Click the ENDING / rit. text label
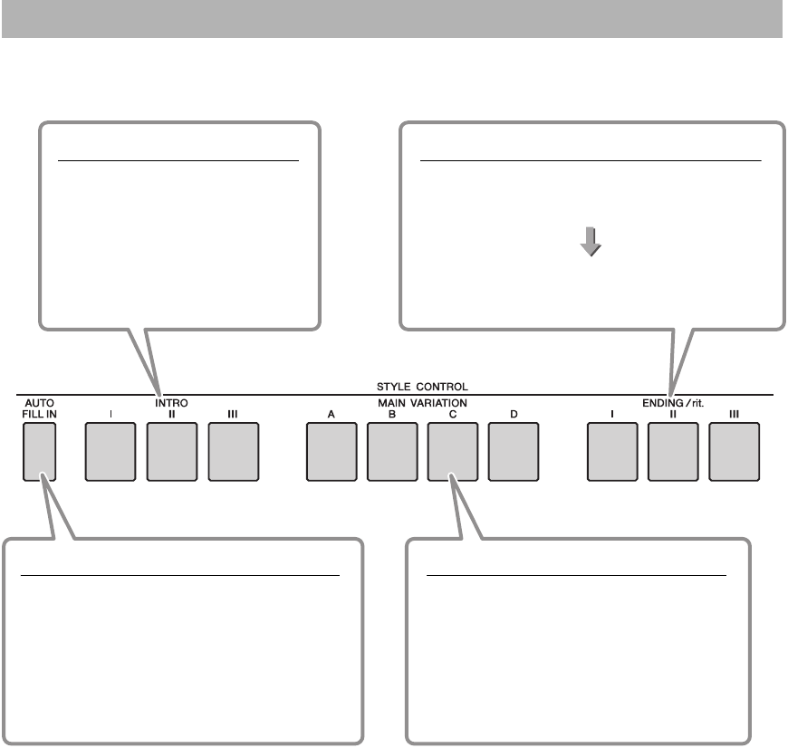coord(673,399)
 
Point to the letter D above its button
coord(514,414)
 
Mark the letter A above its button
coord(332,414)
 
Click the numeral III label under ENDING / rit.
coord(735,414)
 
